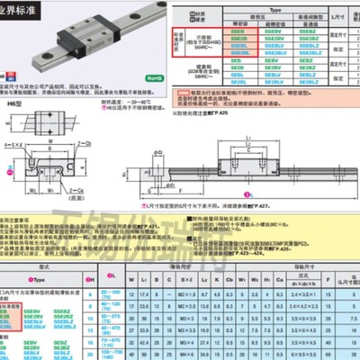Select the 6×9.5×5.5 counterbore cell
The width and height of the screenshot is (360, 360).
point(301,355)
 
